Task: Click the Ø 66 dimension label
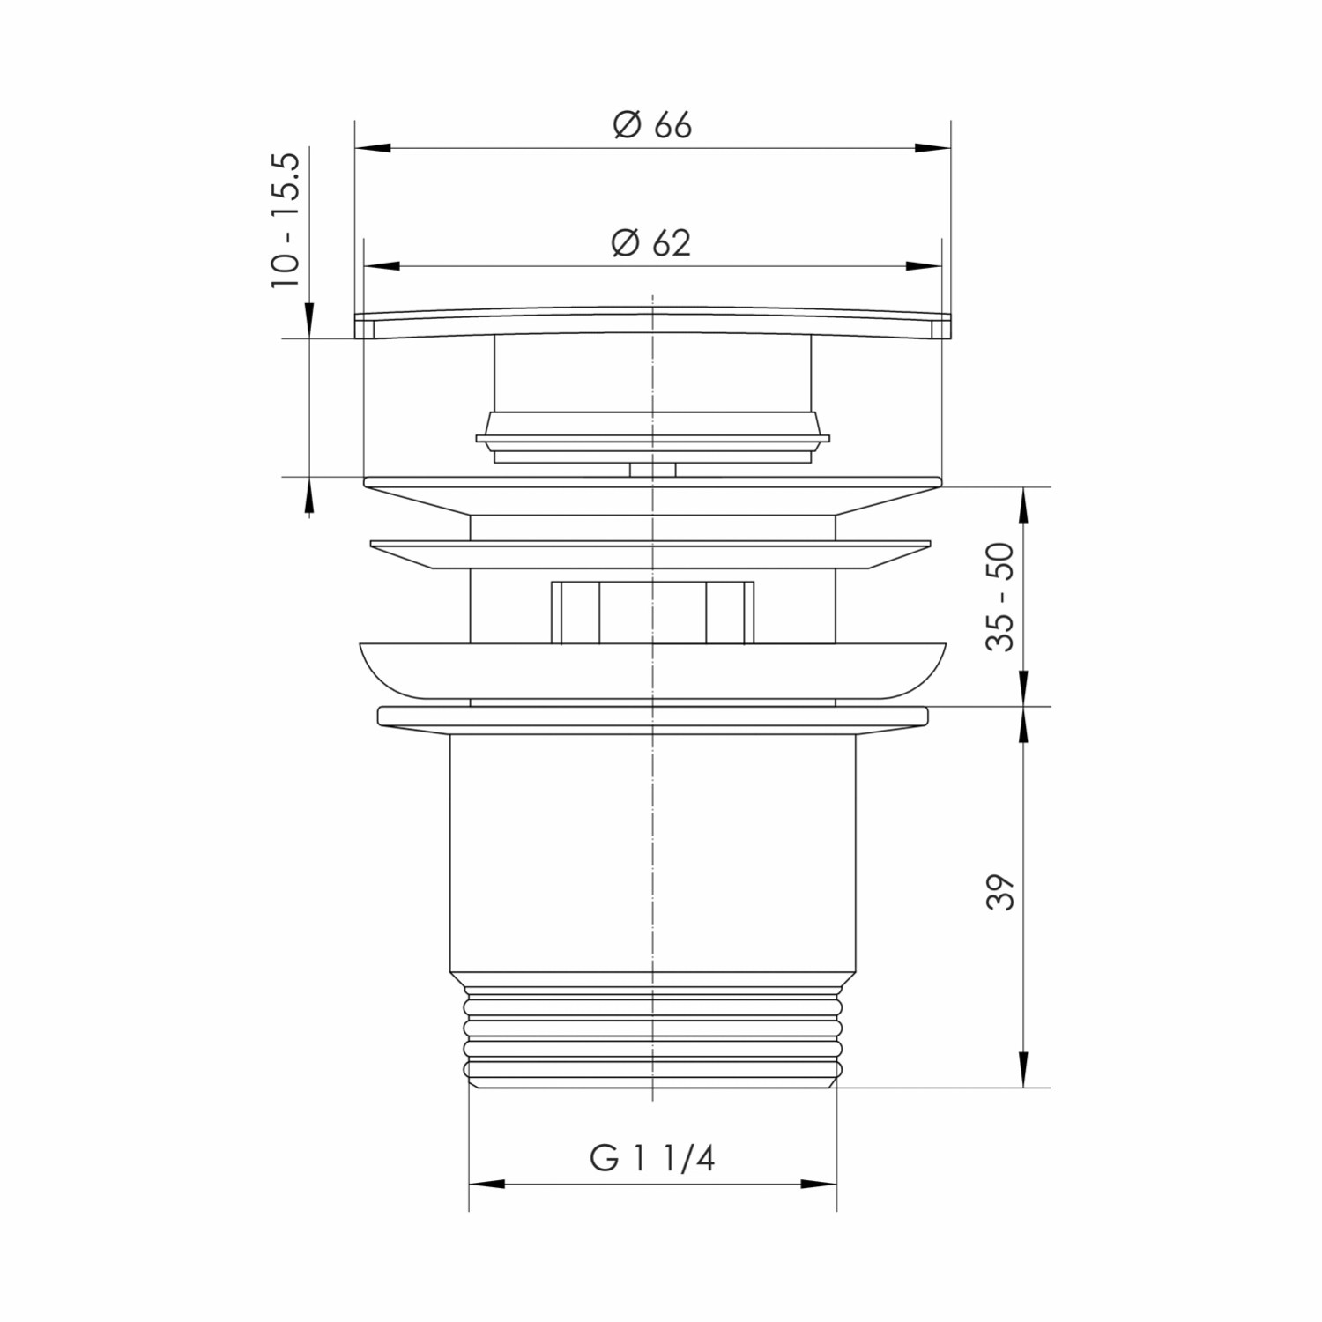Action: tap(652, 125)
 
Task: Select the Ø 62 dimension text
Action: tap(651, 242)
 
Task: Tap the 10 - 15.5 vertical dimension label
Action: tap(286, 220)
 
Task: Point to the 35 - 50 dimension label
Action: tap(1000, 597)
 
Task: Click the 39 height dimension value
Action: tap(1000, 893)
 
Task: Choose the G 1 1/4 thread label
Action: tap(652, 1158)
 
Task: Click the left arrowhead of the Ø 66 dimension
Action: tap(372, 148)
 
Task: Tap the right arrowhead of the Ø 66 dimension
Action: tap(933, 148)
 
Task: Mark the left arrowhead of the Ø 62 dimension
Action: tap(382, 265)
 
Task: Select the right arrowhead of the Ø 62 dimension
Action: tap(924, 265)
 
